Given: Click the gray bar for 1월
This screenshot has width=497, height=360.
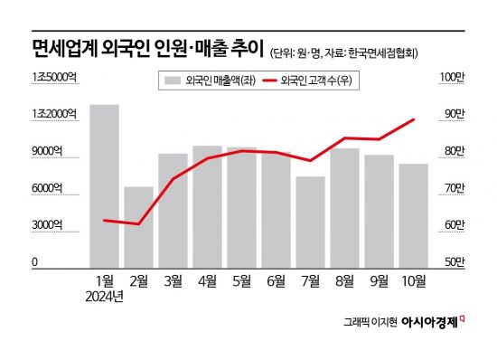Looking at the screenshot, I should click(x=104, y=185).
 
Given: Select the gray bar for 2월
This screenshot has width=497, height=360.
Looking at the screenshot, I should click(x=138, y=226).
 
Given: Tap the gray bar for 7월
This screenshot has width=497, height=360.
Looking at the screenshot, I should click(x=310, y=221).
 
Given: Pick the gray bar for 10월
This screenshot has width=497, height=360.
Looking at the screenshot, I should click(x=413, y=214).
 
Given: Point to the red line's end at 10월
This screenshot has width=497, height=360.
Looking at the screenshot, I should click(x=414, y=119).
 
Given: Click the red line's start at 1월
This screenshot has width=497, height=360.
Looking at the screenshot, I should click(x=104, y=220).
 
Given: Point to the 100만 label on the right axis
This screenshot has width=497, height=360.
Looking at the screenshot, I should click(x=451, y=77).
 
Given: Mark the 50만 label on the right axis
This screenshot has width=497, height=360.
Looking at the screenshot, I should click(x=452, y=261).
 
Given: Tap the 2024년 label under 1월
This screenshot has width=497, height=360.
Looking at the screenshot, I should click(x=104, y=296).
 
